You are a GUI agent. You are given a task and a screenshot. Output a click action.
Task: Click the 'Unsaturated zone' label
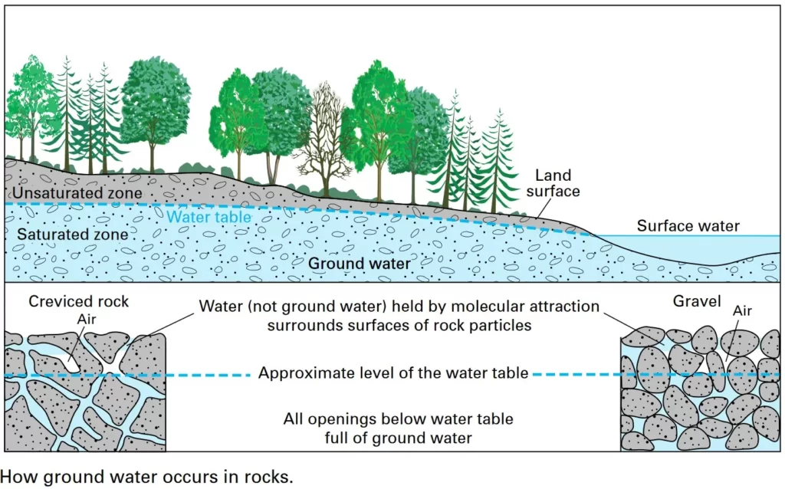coord(77,192)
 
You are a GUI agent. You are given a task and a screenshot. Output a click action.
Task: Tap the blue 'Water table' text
coord(209,218)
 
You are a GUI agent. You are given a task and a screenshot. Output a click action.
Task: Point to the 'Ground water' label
coord(359,264)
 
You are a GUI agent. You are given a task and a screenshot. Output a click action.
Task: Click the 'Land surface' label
coord(553,184)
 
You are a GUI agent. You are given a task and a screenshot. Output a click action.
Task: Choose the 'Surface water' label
coord(688,225)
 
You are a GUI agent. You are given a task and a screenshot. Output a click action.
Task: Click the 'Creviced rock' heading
coord(78,301)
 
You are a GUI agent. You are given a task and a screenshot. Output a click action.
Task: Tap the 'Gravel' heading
coord(697,301)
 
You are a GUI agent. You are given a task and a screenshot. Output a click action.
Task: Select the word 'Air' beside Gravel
coord(743,312)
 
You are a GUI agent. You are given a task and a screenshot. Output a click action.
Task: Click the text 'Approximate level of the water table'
coord(392,374)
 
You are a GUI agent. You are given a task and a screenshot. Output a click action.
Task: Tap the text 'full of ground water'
coord(397,438)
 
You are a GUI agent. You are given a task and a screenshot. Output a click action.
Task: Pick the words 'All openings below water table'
coord(398,419)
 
